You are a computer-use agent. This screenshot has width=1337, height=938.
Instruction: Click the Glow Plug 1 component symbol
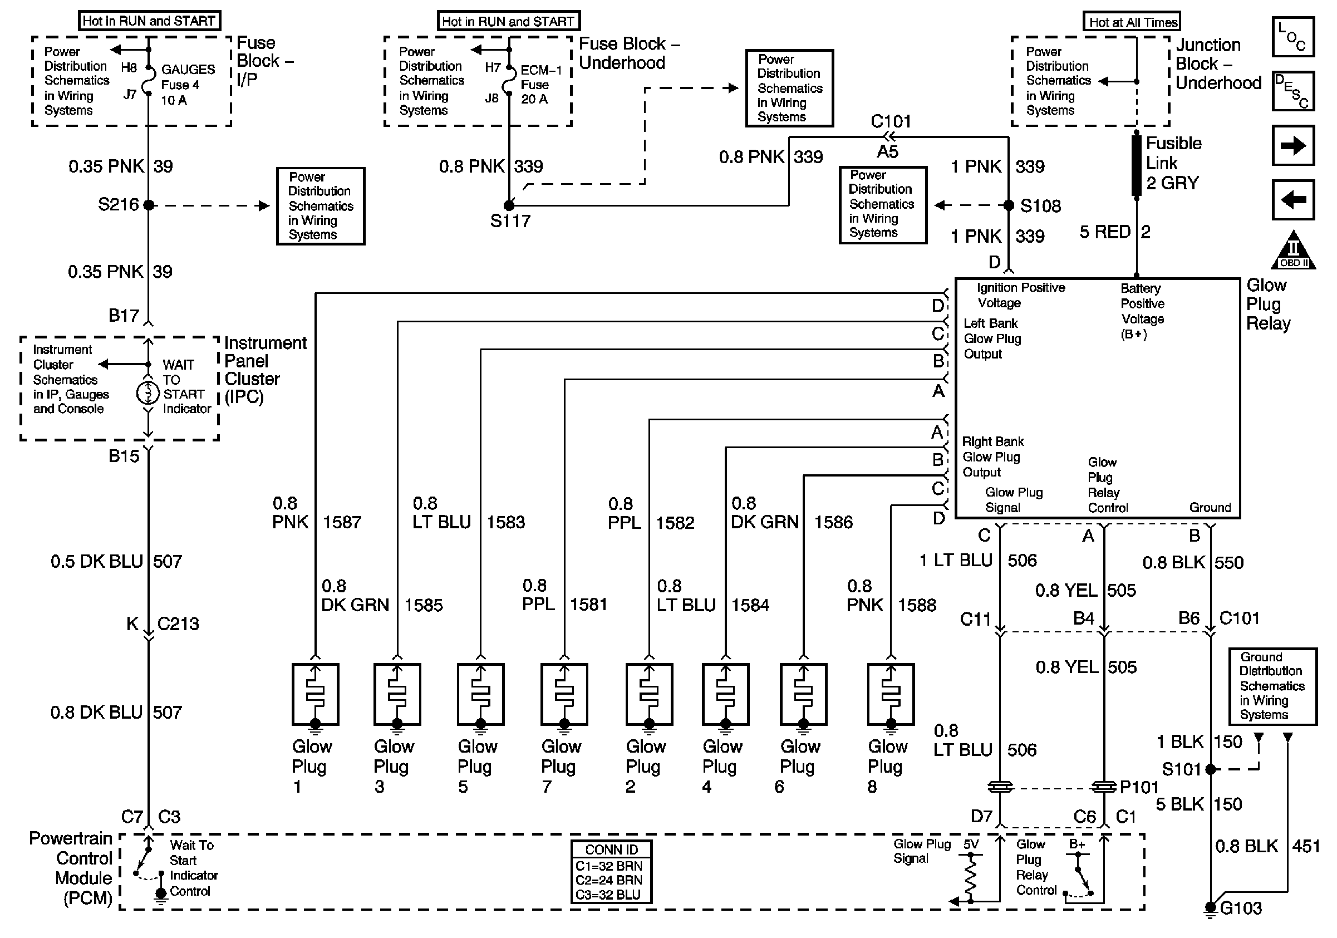coord(315,694)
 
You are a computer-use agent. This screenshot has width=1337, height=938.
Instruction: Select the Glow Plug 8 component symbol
coord(891,694)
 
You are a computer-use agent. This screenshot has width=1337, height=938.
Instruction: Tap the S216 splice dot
coord(149,205)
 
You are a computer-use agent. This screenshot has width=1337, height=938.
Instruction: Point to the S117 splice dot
coord(509,205)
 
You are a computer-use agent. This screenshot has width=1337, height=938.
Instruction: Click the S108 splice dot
coord(1009,205)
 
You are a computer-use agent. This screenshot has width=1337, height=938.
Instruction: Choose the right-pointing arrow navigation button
coord(1292,145)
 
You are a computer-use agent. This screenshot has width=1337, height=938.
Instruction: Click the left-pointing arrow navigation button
coord(1292,200)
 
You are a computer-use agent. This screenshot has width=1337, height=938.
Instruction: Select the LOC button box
coord(1292,37)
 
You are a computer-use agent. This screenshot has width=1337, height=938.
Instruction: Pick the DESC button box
coord(1292,91)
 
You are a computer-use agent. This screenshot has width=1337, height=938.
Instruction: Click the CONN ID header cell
coord(611,849)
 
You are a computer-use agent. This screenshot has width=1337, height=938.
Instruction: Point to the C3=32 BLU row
coord(611,895)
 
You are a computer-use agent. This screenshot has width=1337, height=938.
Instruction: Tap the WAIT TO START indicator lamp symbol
coord(148,393)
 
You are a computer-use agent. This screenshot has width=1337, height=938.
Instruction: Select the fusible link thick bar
coord(1136,165)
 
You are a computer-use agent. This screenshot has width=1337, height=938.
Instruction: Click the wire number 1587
coord(342,522)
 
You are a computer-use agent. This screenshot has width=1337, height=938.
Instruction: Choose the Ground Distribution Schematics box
coord(1272,686)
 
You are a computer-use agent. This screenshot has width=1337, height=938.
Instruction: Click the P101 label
coord(1139,787)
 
